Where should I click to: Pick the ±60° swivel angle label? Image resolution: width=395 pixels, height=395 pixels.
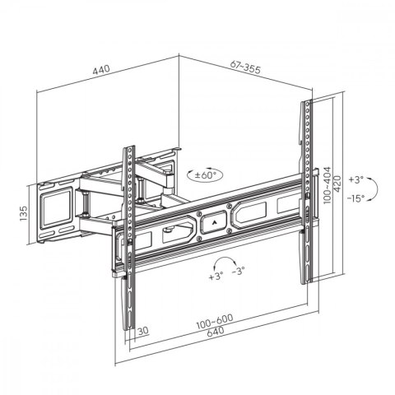205,175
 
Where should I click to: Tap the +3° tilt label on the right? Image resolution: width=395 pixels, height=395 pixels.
355,179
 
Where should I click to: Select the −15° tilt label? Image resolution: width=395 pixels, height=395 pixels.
355,198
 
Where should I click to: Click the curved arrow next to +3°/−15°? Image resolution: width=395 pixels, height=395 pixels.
372,189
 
